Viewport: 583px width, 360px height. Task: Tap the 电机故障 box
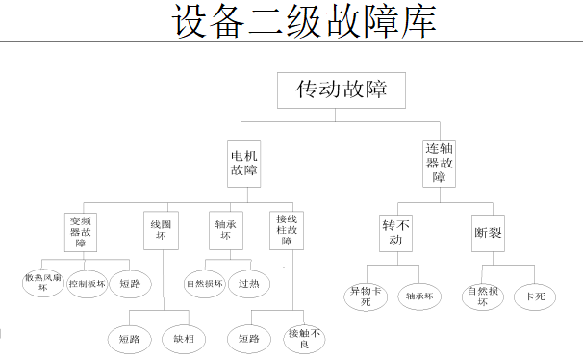[243, 163]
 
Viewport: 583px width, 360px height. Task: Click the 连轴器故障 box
[439, 163]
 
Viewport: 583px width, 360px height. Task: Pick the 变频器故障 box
[81, 232]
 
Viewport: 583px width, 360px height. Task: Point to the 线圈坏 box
[161, 231]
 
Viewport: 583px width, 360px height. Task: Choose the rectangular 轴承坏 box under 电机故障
[224, 231]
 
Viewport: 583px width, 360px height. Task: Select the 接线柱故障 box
[286, 231]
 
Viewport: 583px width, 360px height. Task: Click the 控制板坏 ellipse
[87, 284]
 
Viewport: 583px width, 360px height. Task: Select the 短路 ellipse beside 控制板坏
[131, 284]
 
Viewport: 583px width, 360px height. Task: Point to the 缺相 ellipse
[184, 338]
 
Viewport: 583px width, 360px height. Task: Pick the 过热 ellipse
[248, 284]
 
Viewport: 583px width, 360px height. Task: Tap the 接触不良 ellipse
[305, 338]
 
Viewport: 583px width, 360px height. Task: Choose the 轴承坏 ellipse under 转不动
[418, 296]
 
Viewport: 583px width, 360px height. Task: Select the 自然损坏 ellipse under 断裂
[484, 296]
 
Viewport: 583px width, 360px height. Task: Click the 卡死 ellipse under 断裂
[534, 296]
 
